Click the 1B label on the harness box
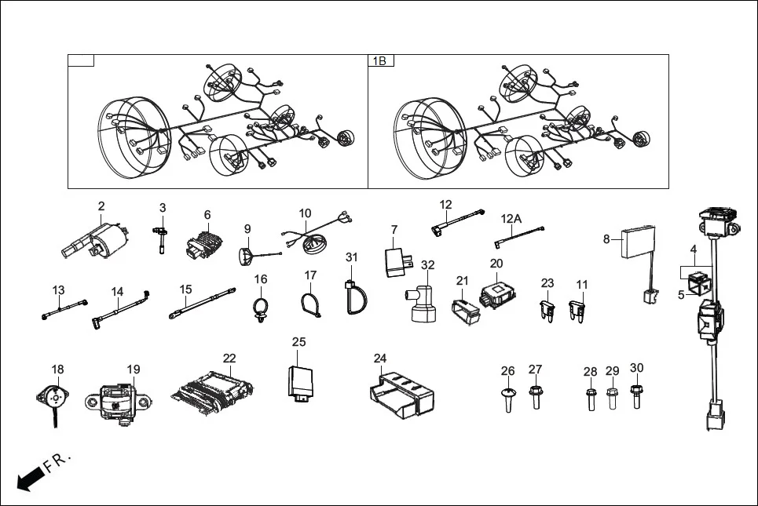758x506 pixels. coord(381,60)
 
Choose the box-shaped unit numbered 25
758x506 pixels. coord(302,381)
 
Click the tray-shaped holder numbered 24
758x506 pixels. coord(400,391)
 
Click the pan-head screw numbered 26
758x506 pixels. coord(507,399)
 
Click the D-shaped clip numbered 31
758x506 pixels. coord(352,297)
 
